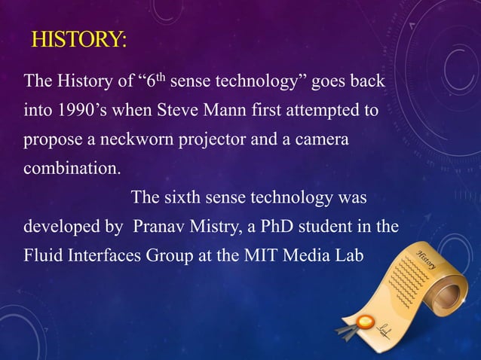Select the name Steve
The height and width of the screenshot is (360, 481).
[177, 111]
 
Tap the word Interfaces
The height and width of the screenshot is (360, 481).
[105, 256]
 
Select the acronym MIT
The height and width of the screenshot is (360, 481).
[258, 256]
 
